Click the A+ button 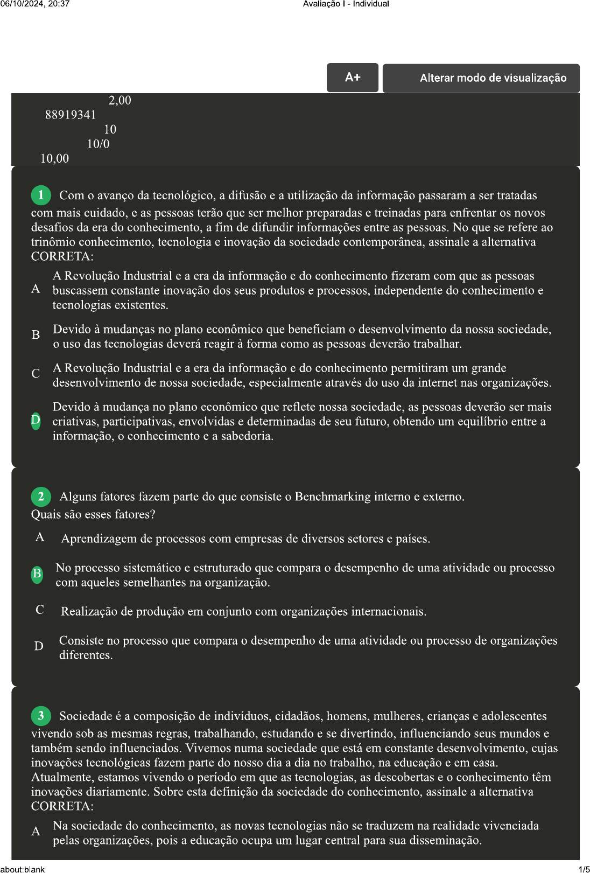click(x=353, y=78)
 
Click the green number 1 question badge click(x=41, y=195)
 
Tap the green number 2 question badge click(x=41, y=497)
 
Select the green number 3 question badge click(x=41, y=716)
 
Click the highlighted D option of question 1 click(x=36, y=421)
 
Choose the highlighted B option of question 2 click(x=37, y=574)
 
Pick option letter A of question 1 click(x=36, y=289)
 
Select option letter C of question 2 click(x=40, y=610)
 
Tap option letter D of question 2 click(x=39, y=646)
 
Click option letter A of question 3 click(x=36, y=832)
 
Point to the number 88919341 click(x=71, y=115)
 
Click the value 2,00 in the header click(x=120, y=100)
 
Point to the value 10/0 click(x=98, y=144)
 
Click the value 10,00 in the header click(x=55, y=158)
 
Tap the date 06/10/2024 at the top click(x=19, y=4)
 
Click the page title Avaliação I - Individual click(x=346, y=4)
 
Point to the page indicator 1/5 click(x=584, y=869)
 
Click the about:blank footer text click(x=23, y=869)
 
